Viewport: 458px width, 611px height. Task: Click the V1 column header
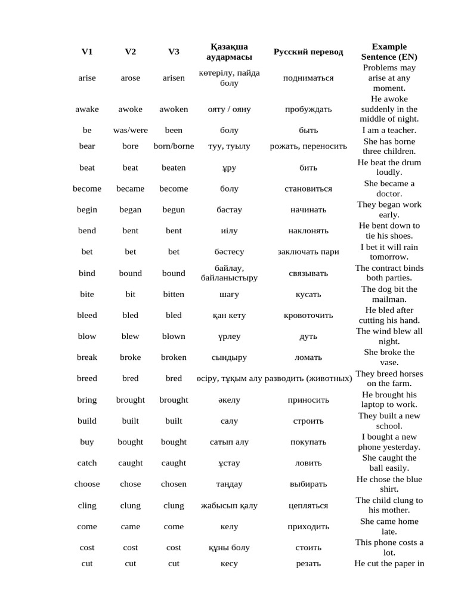coord(87,52)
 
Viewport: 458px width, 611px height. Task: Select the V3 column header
coord(174,52)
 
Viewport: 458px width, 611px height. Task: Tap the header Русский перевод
coord(308,52)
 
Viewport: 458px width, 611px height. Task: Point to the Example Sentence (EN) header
coord(389,52)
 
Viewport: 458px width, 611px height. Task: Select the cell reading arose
coord(131,78)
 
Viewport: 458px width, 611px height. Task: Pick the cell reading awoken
coord(174,109)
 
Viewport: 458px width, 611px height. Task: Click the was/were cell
coord(131,130)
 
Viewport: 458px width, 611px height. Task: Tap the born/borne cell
coord(174,146)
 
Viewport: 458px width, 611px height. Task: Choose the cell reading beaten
coord(174,168)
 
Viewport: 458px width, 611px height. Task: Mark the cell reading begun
coord(174,210)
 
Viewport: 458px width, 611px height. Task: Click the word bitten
coord(174,294)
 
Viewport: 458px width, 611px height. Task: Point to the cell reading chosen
coord(174,484)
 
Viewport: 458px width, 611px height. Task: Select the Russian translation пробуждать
coord(308,110)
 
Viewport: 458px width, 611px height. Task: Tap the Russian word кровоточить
coord(308,315)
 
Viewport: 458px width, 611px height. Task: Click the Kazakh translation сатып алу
coord(229,442)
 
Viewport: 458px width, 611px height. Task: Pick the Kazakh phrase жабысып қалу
coord(229,505)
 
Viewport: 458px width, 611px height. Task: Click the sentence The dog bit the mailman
coord(389,294)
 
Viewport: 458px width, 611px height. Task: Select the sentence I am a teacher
coord(389,130)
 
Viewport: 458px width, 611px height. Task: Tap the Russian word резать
coord(308,563)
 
